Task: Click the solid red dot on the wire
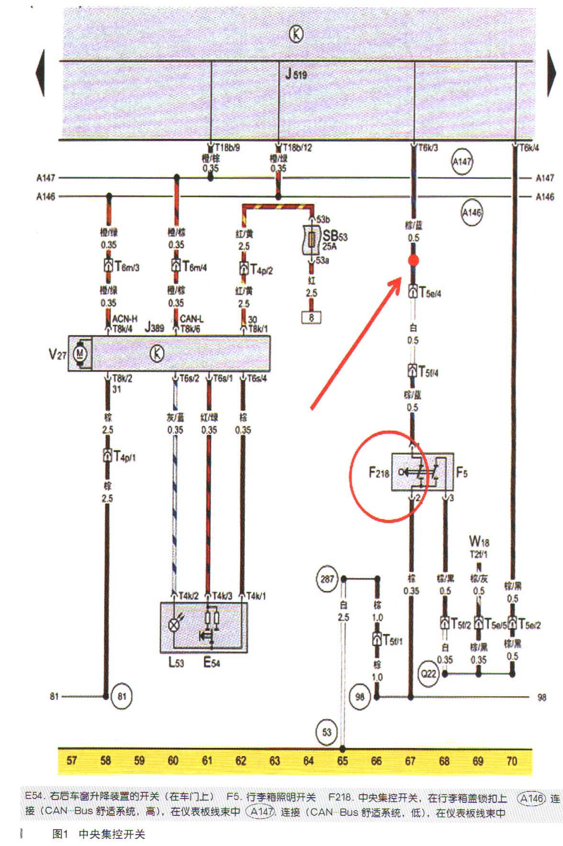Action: point(414,261)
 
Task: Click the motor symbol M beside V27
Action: point(80,354)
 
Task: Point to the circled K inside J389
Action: point(157,354)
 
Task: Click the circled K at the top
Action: point(296,34)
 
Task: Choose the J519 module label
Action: point(296,74)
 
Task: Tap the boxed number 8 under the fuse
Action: point(311,317)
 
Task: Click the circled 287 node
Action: point(327,579)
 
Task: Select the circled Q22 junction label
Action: point(428,673)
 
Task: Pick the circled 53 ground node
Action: point(327,732)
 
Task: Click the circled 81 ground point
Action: point(122,696)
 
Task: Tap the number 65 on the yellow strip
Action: point(342,760)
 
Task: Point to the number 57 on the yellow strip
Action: point(72,760)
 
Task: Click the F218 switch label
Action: point(379,473)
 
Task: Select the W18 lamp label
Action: point(479,541)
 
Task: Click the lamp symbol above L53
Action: point(174,624)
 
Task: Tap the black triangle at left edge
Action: point(40,73)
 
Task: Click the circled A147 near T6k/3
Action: point(462,162)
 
